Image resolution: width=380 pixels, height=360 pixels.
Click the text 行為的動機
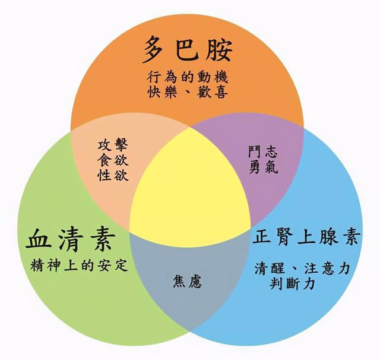click(x=187, y=77)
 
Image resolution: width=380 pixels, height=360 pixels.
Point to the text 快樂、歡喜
click(x=187, y=92)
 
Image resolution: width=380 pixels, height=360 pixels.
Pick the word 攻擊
click(x=113, y=145)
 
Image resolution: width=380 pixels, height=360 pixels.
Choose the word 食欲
click(x=113, y=160)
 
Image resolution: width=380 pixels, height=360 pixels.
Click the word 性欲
click(x=113, y=174)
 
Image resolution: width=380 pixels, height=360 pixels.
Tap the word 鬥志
click(x=263, y=151)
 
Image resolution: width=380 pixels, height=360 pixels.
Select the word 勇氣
click(x=263, y=167)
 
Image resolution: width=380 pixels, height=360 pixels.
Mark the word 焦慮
click(x=188, y=282)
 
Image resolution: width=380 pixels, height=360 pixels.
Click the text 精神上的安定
click(x=79, y=265)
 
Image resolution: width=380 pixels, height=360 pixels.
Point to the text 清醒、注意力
click(x=302, y=268)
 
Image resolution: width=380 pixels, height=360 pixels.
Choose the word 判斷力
click(x=292, y=283)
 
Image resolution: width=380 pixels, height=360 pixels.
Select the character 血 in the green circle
click(x=38, y=239)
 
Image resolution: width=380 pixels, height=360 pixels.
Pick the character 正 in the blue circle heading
click(x=262, y=237)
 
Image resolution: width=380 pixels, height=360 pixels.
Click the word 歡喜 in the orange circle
click(x=213, y=92)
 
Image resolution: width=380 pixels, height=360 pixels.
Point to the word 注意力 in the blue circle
click(x=327, y=268)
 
